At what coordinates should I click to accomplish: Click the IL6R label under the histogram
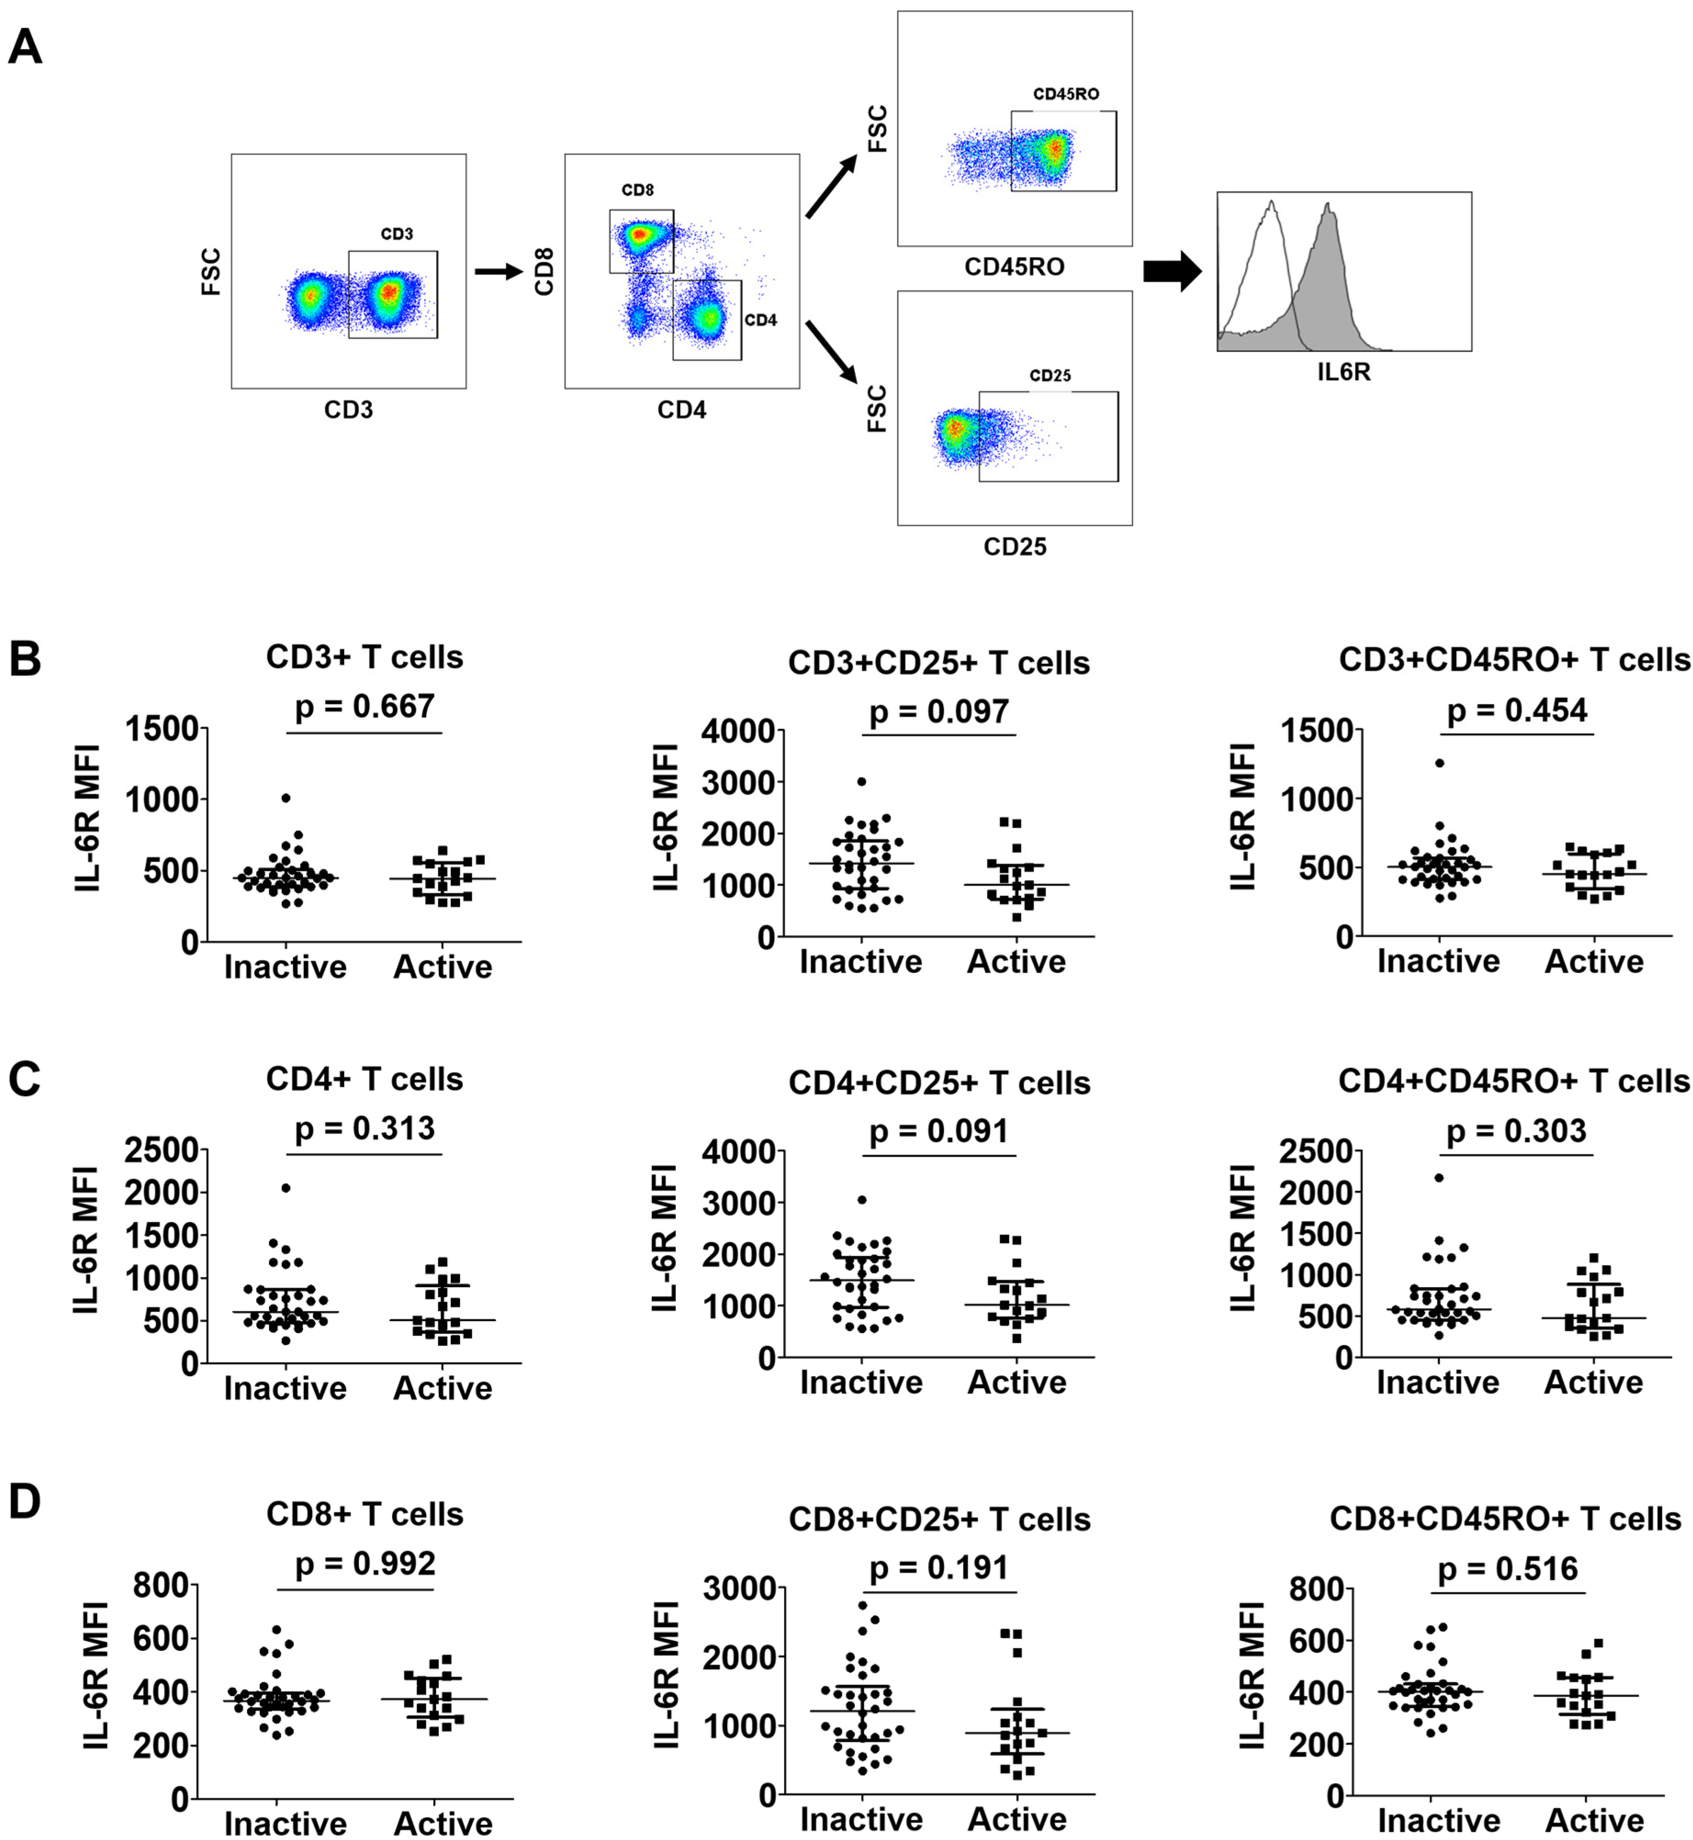(1344, 373)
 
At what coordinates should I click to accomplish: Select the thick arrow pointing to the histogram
(1172, 271)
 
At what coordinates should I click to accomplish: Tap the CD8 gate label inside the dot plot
(638, 190)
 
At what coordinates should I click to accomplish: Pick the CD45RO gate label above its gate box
(1065, 95)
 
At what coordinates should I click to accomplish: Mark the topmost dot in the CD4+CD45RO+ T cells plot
(1439, 1178)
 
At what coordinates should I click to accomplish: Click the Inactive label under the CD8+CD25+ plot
(861, 1819)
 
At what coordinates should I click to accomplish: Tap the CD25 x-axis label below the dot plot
(1015, 547)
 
